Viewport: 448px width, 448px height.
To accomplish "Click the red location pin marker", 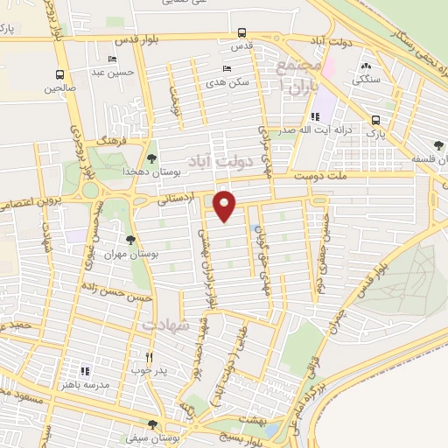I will coord(226,206).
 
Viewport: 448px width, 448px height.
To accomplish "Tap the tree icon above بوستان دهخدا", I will coord(153,158).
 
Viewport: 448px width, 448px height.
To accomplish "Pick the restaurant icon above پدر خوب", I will coord(149,357).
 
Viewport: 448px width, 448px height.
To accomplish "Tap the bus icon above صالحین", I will coord(59,74).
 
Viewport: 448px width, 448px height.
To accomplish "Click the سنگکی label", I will coord(366,78).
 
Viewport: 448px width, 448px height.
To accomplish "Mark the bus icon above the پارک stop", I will coord(375,120).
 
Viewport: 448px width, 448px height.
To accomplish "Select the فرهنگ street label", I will coord(112,140).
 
